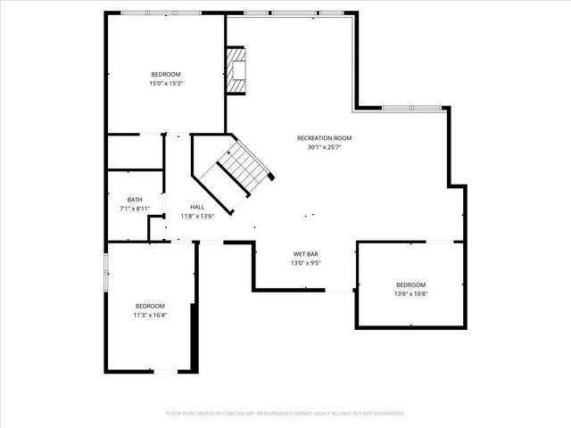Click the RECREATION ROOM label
[x=325, y=138]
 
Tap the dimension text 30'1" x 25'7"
[x=325, y=147]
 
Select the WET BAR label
[x=305, y=254]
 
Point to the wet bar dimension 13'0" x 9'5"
[x=305, y=263]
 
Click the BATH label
[x=135, y=200]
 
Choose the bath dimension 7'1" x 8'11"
[x=135, y=209]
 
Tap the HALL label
[x=196, y=206]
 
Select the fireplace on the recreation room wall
[x=236, y=70]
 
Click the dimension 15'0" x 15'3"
[x=166, y=83]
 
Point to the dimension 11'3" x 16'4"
[x=150, y=314]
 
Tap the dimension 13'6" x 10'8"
[x=411, y=292]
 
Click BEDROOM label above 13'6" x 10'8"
[x=411, y=284]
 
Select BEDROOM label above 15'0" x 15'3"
[x=166, y=74]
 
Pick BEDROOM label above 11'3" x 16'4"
[x=150, y=305]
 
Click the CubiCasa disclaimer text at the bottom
[x=285, y=413]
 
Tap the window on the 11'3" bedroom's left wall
[x=106, y=271]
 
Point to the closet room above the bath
[x=135, y=152]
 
